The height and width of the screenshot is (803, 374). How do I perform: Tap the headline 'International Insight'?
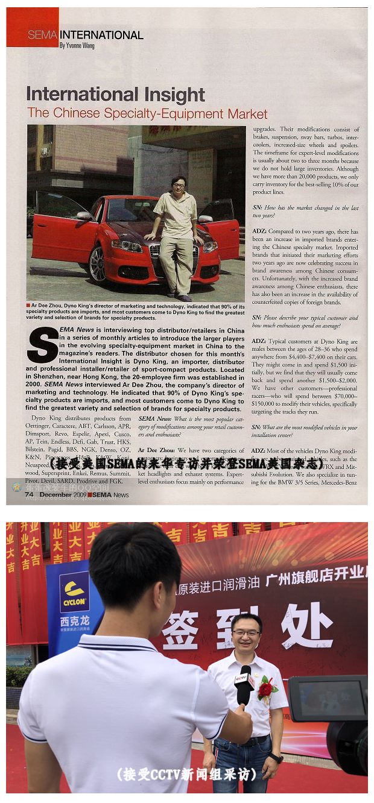click(116, 95)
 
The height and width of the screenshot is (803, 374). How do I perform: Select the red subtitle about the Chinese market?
click(147, 113)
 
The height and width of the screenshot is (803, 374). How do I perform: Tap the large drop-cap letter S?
click(42, 345)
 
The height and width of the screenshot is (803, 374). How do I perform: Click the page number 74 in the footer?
click(29, 494)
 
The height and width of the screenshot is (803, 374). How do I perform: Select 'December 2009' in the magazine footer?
click(63, 494)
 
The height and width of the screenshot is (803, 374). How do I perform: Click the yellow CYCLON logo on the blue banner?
click(74, 592)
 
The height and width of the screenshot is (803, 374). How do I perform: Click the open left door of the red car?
click(57, 229)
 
